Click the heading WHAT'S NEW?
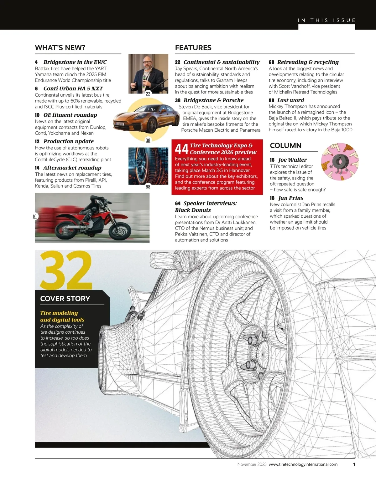(x=60, y=48)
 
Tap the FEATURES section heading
(x=193, y=48)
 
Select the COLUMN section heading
(x=285, y=146)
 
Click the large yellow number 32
(x=66, y=270)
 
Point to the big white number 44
(x=181, y=149)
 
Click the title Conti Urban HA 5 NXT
(x=73, y=88)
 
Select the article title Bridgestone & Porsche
(x=213, y=100)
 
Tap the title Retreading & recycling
(x=308, y=62)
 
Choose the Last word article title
(x=290, y=100)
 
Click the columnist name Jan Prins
(x=290, y=198)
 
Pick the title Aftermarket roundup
(x=72, y=168)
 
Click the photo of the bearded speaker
(x=148, y=73)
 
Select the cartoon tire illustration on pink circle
(x=340, y=162)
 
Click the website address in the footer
(x=303, y=464)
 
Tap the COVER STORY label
(x=65, y=299)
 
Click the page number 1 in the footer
(x=354, y=464)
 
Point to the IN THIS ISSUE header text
(x=326, y=20)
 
